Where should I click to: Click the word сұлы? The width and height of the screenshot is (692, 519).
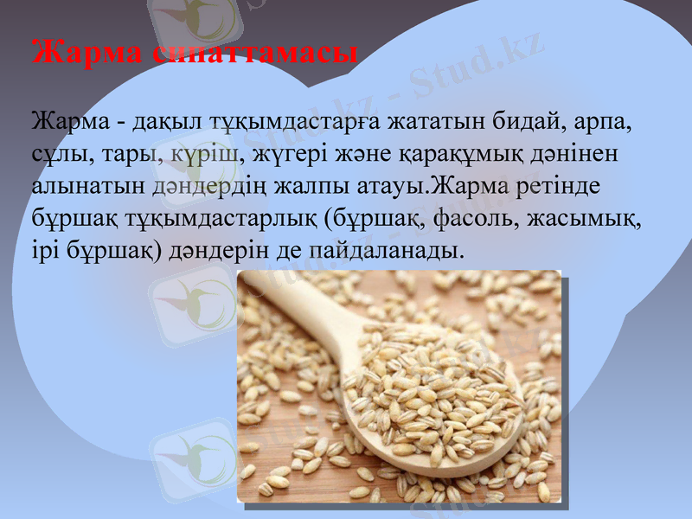54,152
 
